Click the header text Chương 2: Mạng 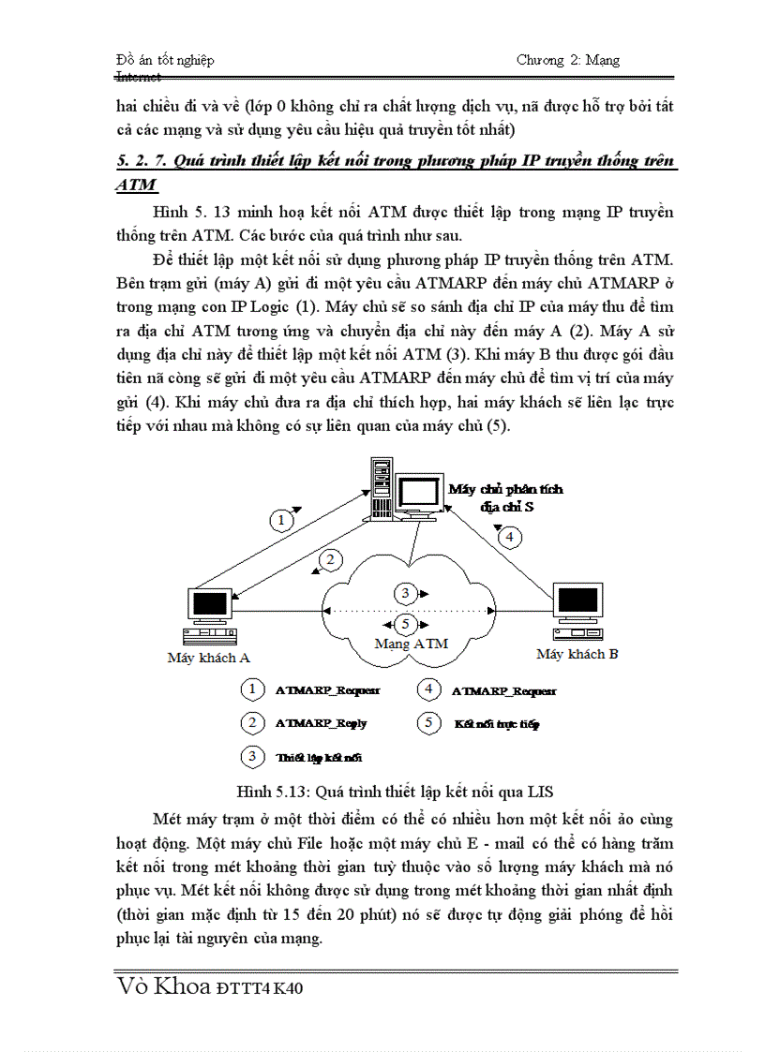click(x=567, y=60)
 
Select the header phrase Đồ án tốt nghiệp click(x=164, y=60)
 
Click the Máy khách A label click(x=208, y=658)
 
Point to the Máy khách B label click(x=577, y=654)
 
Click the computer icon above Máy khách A click(x=209, y=615)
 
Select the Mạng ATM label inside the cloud click(x=411, y=644)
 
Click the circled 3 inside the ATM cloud click(x=405, y=593)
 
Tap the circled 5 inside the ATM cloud click(x=405, y=622)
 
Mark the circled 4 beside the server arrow click(x=508, y=538)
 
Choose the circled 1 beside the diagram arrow click(x=280, y=519)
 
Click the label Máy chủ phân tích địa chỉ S click(x=505, y=497)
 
